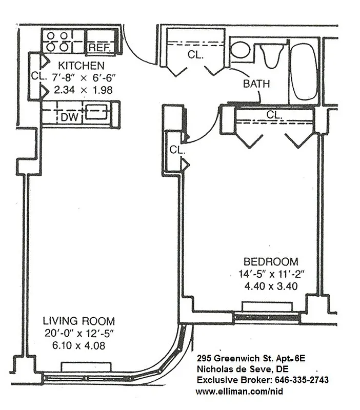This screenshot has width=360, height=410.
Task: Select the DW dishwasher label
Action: (x=69, y=117)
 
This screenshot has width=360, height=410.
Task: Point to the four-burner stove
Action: (x=57, y=41)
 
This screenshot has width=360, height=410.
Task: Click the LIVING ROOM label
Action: (x=78, y=321)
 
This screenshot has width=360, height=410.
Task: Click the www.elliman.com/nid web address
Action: (x=239, y=392)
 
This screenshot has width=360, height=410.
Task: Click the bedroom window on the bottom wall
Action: (x=266, y=317)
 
